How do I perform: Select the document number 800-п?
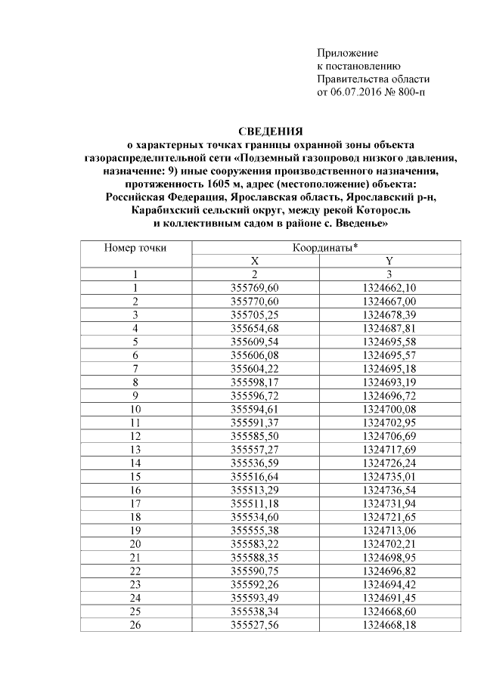pyautogui.click(x=410, y=92)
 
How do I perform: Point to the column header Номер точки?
pyautogui.click(x=135, y=247)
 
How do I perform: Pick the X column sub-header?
pyautogui.click(x=255, y=261)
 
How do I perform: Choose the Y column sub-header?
pyautogui.click(x=389, y=261)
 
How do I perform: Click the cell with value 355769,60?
pyautogui.click(x=255, y=287)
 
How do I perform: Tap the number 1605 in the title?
pyautogui.click(x=216, y=183)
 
